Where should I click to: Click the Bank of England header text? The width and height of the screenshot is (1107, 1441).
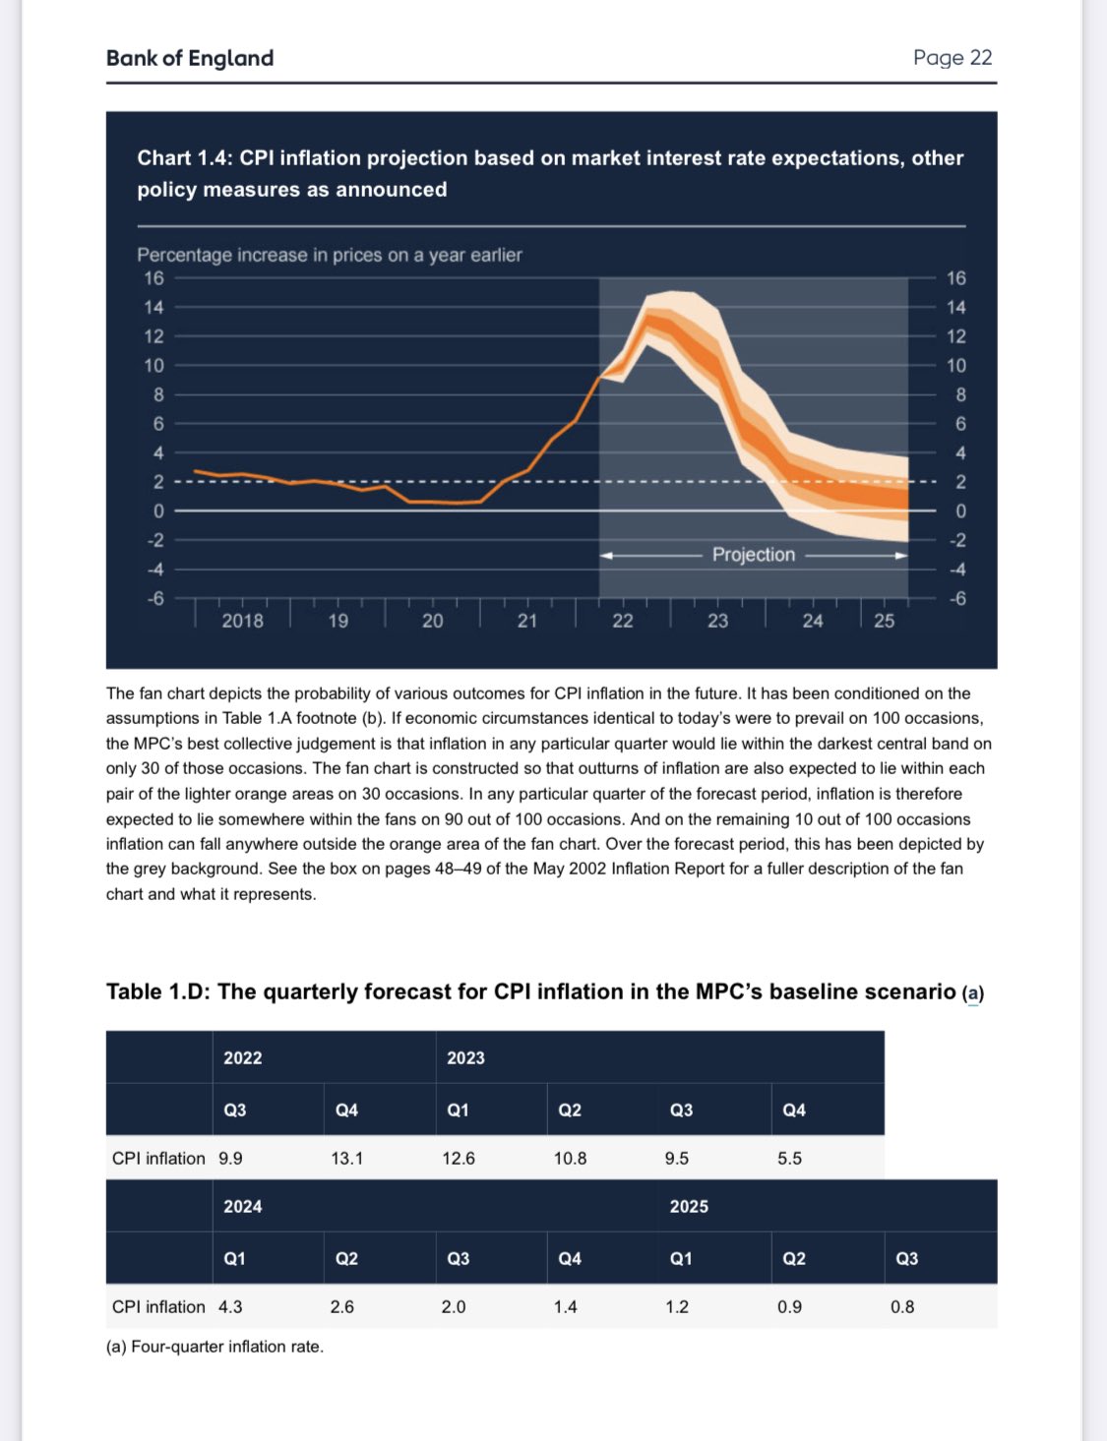point(190,58)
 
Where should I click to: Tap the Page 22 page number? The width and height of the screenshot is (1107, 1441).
point(953,58)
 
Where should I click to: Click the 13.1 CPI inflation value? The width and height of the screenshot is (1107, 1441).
point(346,1158)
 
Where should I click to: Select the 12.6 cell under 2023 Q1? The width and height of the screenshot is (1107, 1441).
point(459,1158)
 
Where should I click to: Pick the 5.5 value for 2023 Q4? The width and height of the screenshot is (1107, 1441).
point(789,1158)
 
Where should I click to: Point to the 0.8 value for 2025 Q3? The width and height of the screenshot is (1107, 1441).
point(902,1306)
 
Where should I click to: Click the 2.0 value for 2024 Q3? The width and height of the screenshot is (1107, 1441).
point(454,1306)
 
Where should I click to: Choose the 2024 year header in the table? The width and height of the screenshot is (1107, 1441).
point(243,1206)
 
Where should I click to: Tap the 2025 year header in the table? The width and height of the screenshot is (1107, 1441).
point(689,1206)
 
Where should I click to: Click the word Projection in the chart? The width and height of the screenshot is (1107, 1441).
point(754,555)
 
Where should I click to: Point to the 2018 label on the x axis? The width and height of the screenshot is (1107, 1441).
point(242,621)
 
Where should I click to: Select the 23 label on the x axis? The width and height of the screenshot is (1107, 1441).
point(717,621)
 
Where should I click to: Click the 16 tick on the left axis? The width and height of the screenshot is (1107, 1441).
point(154,277)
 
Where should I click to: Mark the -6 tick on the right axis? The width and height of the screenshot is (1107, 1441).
point(956,598)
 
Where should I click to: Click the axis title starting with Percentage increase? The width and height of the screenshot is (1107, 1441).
point(329,256)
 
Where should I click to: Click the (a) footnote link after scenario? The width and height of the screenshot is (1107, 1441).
point(973,993)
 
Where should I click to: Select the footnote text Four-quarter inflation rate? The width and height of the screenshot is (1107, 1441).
point(227,1347)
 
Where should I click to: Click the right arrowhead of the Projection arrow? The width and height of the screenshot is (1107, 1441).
point(901,556)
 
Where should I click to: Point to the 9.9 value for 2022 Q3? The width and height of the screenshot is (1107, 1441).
point(230,1158)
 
